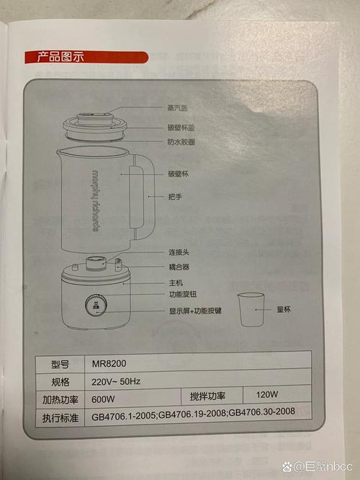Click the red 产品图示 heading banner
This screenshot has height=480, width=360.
pos(86,58)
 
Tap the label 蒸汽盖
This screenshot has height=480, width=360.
pos(177,108)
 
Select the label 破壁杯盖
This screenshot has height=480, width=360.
pos(181,128)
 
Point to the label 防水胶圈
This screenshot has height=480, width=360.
pos(181,142)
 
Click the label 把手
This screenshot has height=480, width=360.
pos(175,197)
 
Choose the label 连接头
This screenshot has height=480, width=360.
pos(179,252)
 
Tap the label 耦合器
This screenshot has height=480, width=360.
pos(179,267)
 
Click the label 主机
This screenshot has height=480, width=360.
pos(176,283)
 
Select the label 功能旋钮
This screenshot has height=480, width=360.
pos(183,295)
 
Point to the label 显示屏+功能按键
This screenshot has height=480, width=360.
pos(195,311)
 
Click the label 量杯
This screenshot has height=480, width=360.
pos(284,309)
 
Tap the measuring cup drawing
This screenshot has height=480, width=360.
pos(251,309)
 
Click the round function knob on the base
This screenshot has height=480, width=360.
pos(96,306)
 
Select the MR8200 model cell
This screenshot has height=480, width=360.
pos(109,364)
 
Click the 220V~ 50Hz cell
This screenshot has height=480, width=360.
pos(116,381)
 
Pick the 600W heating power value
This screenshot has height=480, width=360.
pos(103,399)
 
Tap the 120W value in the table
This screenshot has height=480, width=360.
pos(267,394)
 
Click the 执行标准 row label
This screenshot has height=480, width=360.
pos(60,418)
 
